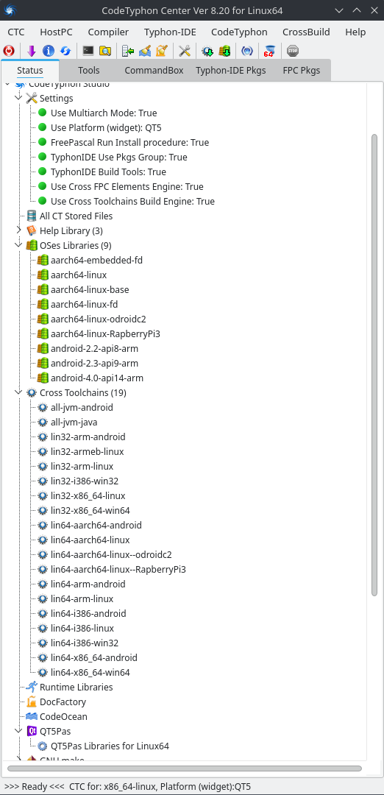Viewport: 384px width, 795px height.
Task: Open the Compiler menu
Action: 108,32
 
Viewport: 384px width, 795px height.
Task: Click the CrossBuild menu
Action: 306,32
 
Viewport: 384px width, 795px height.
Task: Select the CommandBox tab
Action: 154,71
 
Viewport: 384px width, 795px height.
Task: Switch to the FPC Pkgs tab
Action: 302,71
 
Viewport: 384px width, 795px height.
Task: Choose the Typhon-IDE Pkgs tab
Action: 231,71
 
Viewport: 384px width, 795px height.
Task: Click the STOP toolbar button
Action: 292,51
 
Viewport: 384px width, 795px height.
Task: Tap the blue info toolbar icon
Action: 48,51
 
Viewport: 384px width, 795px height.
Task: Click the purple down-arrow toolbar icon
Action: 32,51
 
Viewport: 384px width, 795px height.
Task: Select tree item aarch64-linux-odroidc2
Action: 99,319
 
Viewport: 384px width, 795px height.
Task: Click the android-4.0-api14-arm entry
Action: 97,378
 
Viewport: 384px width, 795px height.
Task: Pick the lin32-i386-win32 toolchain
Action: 85,481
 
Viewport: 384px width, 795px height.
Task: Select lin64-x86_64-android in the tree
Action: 93,657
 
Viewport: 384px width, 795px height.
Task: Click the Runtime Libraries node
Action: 76,687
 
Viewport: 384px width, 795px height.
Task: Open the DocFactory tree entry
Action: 63,702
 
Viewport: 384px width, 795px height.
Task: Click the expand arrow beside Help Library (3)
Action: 18,230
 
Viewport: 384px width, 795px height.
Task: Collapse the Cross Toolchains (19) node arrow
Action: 18,392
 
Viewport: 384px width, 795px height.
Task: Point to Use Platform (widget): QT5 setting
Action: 106,128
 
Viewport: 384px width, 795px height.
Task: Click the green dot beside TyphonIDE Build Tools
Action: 42,172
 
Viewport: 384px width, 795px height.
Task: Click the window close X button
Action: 373,10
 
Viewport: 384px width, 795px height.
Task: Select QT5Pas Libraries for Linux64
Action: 110,746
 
